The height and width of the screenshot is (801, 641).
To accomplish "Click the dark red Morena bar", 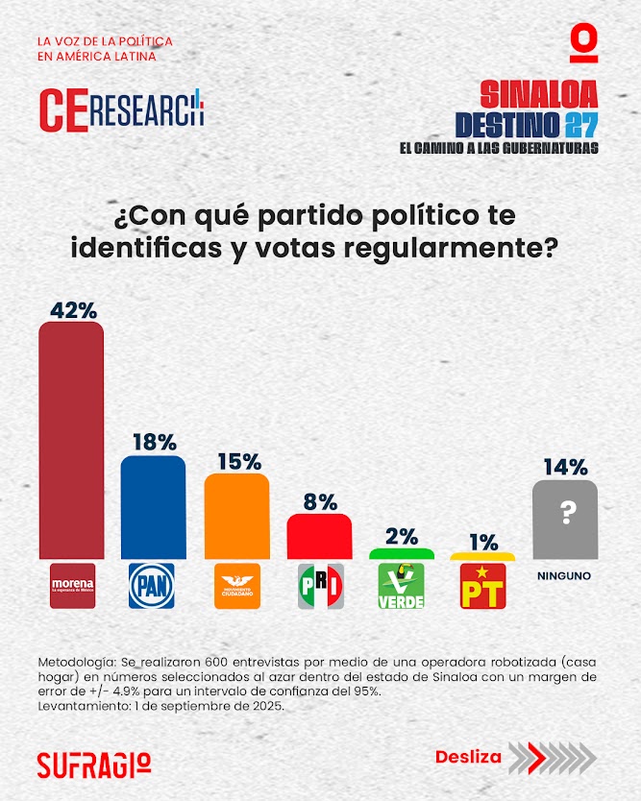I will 71,440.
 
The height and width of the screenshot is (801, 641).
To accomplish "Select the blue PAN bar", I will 153,507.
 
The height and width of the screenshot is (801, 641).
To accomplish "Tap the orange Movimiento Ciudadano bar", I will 236,516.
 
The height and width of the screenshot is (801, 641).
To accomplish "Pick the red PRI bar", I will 319,537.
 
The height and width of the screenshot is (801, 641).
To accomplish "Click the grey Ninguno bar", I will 565,520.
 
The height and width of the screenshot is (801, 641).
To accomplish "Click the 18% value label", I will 154,443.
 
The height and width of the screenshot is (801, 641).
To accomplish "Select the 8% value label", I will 320,501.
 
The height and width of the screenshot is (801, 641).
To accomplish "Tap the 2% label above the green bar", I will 402,537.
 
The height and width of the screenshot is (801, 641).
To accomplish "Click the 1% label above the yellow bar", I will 483,542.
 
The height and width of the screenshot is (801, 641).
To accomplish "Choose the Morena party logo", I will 72,586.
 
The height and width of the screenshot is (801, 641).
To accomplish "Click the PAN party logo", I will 152,586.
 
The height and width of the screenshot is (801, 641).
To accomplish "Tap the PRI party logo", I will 320,586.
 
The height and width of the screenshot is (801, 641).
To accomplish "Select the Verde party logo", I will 402,586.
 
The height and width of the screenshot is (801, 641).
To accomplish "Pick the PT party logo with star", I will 483,586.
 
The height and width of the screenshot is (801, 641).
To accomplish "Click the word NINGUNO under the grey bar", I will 564,576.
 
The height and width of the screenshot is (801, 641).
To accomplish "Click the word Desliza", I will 468,757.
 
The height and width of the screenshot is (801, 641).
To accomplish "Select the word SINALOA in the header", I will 538,94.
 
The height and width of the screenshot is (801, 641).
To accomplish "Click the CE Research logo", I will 122,109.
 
